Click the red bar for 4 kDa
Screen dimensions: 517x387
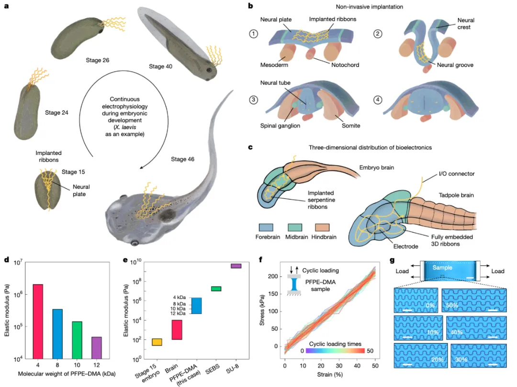(x=38, y=321)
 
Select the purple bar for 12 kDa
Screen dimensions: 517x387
(x=97, y=348)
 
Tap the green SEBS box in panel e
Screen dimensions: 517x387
(x=216, y=289)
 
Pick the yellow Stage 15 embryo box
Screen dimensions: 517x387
(x=157, y=342)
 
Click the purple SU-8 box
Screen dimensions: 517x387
(x=236, y=266)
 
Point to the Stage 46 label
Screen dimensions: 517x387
(x=183, y=159)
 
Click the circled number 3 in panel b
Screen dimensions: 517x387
(x=253, y=100)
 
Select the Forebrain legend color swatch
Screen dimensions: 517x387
(x=266, y=227)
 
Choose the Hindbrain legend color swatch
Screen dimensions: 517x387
(x=322, y=227)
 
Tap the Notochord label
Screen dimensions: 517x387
(x=345, y=65)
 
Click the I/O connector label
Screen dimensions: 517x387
(x=457, y=174)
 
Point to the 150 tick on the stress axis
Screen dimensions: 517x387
(x=273, y=294)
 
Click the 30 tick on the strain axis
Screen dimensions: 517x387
(x=339, y=365)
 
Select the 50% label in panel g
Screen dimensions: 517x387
(x=452, y=305)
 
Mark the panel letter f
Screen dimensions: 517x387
(x=261, y=260)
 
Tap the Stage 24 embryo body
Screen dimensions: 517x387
(x=26, y=112)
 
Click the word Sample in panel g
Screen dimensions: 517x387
(x=442, y=267)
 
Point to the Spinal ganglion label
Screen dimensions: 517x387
(x=280, y=125)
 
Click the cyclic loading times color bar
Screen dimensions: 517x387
(x=336, y=351)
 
